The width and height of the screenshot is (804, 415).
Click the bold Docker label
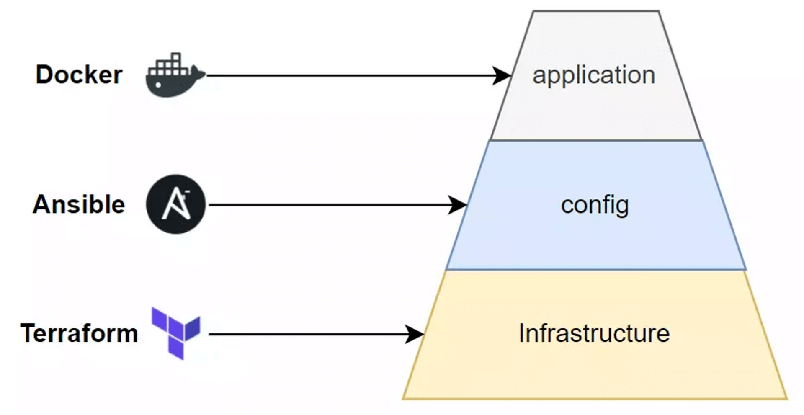click(79, 75)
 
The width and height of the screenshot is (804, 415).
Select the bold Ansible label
click(79, 204)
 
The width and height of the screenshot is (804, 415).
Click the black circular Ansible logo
click(176, 204)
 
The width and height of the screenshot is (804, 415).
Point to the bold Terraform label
click(79, 333)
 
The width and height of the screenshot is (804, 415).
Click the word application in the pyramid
click(593, 75)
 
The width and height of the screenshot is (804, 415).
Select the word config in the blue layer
click(595, 205)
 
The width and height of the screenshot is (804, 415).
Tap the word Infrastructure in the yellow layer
click(594, 334)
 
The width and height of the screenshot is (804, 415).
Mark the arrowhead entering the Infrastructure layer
click(415, 334)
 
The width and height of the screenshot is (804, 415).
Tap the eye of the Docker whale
click(158, 85)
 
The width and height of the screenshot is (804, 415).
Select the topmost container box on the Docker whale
click(176, 57)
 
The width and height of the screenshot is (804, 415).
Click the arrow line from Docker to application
click(348, 76)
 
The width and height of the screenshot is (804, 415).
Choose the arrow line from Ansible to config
click(327, 205)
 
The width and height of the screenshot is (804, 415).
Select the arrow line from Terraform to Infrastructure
click(306, 334)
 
